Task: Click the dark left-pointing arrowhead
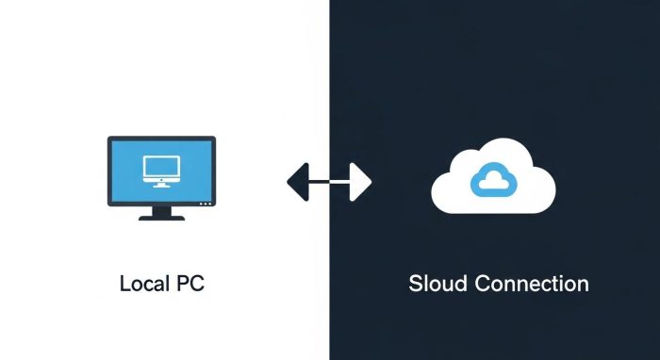[299, 179]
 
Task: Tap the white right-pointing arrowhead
[359, 179]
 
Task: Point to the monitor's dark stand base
[161, 217]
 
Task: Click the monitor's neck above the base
[161, 210]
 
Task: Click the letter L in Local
[124, 284]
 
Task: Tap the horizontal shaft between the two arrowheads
[329, 179]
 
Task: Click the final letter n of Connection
[583, 284]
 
